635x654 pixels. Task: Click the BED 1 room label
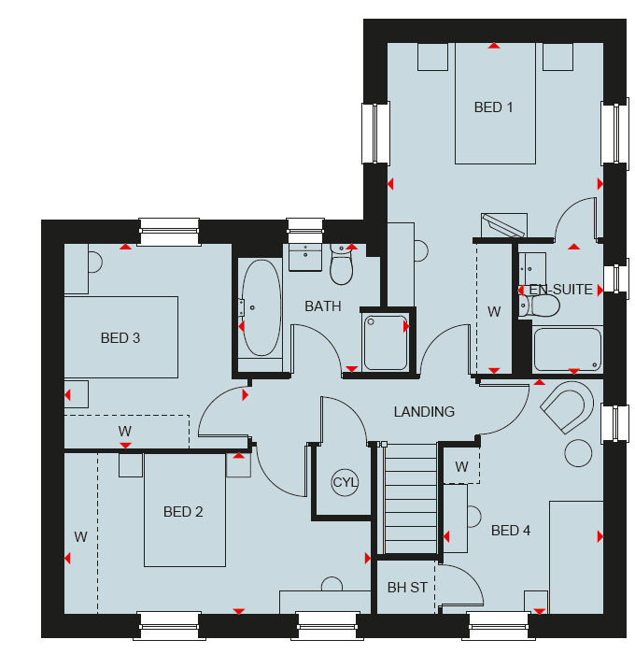coord(493,107)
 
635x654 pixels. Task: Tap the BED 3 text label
coord(120,338)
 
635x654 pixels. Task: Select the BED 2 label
coord(183,512)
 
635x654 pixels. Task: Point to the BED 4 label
coord(511,531)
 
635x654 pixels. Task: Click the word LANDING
coord(424,412)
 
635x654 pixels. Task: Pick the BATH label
coord(323,306)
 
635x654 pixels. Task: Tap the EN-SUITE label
coord(561,290)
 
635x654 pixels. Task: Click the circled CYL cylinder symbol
coord(345,483)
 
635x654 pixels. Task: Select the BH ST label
coord(407,588)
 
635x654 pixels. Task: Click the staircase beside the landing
coord(411,498)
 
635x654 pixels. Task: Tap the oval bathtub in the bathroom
coord(261,307)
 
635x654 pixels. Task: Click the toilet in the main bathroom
coord(342,264)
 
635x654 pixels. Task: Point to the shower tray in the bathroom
coord(386,343)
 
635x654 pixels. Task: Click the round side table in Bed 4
coord(578,453)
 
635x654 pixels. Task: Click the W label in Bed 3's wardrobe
coord(124,431)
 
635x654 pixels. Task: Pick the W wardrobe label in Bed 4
coord(461,467)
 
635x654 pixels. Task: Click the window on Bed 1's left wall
coord(375,133)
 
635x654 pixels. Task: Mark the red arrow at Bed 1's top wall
coord(494,46)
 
